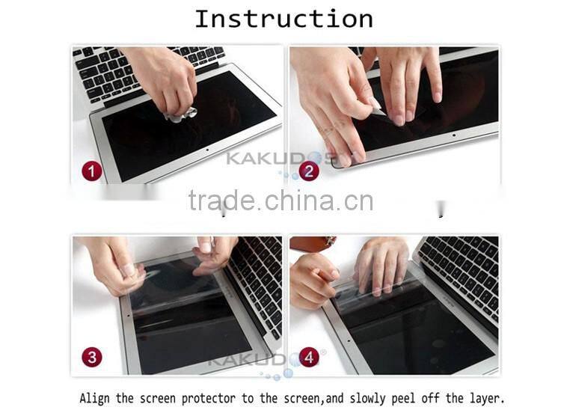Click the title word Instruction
[283, 19]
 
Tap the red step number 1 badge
[91, 171]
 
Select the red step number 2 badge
[309, 171]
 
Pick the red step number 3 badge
[92, 357]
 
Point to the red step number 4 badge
[309, 357]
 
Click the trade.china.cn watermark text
[280, 201]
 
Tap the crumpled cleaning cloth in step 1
[181, 115]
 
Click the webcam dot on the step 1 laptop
[206, 150]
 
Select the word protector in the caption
[209, 399]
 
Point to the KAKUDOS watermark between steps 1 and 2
[280, 158]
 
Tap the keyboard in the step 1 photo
[143, 72]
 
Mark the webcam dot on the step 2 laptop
[454, 135]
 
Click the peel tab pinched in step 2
[376, 107]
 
